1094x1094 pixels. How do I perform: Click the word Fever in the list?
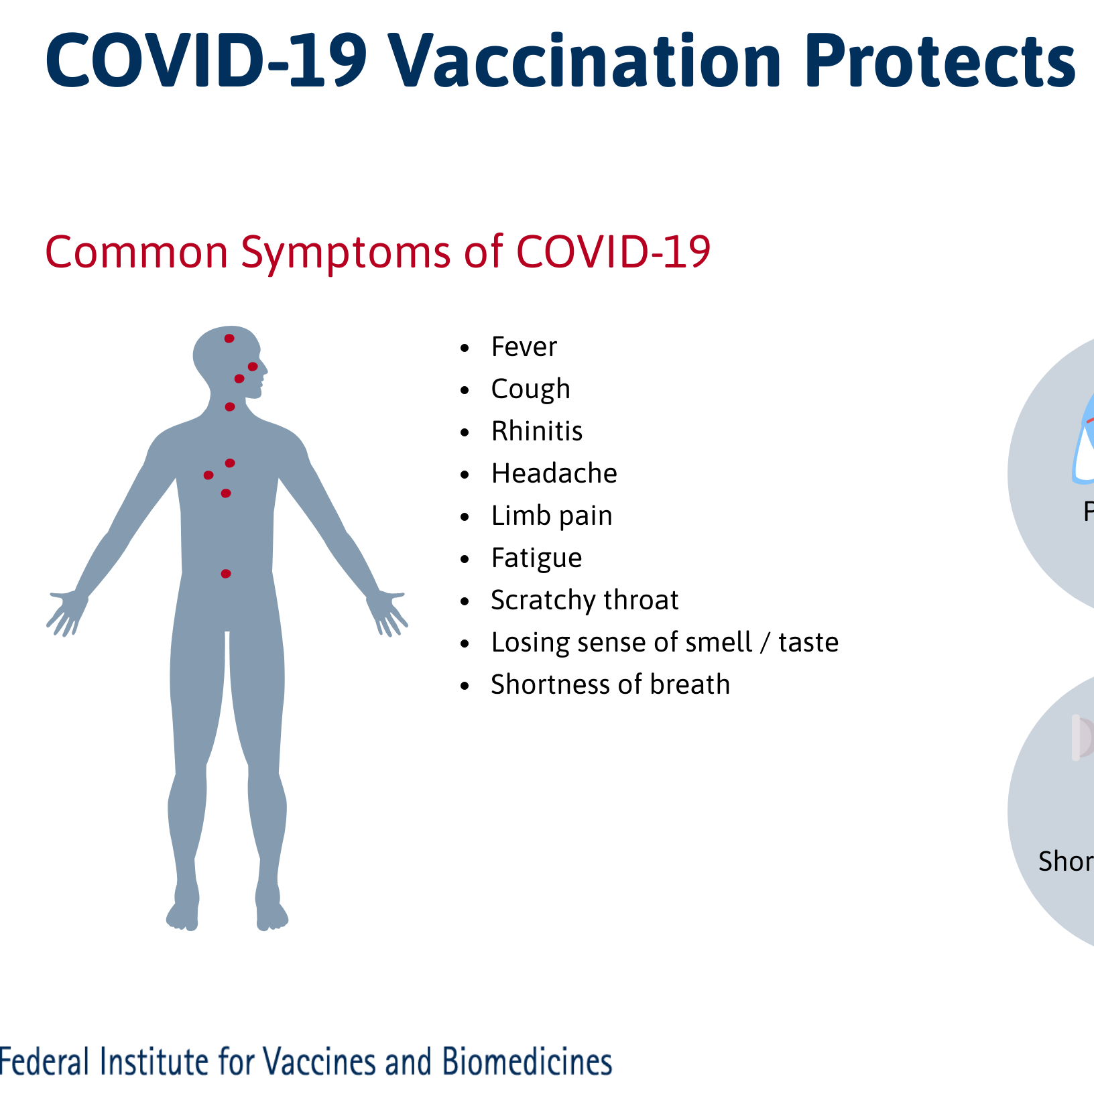(x=524, y=347)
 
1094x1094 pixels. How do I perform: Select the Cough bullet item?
(x=530, y=389)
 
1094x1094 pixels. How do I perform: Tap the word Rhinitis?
(x=536, y=432)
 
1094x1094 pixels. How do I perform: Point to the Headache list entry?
(x=554, y=474)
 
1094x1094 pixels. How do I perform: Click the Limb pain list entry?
(x=551, y=516)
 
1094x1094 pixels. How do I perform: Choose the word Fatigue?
(x=536, y=558)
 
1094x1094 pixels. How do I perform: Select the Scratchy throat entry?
(x=584, y=601)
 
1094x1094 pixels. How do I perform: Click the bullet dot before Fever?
(x=465, y=349)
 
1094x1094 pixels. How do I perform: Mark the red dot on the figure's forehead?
(x=229, y=339)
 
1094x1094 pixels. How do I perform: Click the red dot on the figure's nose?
(x=253, y=367)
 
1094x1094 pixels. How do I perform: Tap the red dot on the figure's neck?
(x=230, y=407)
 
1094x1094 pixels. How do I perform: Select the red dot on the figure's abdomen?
(x=226, y=574)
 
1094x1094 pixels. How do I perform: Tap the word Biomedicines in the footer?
(x=527, y=1062)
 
